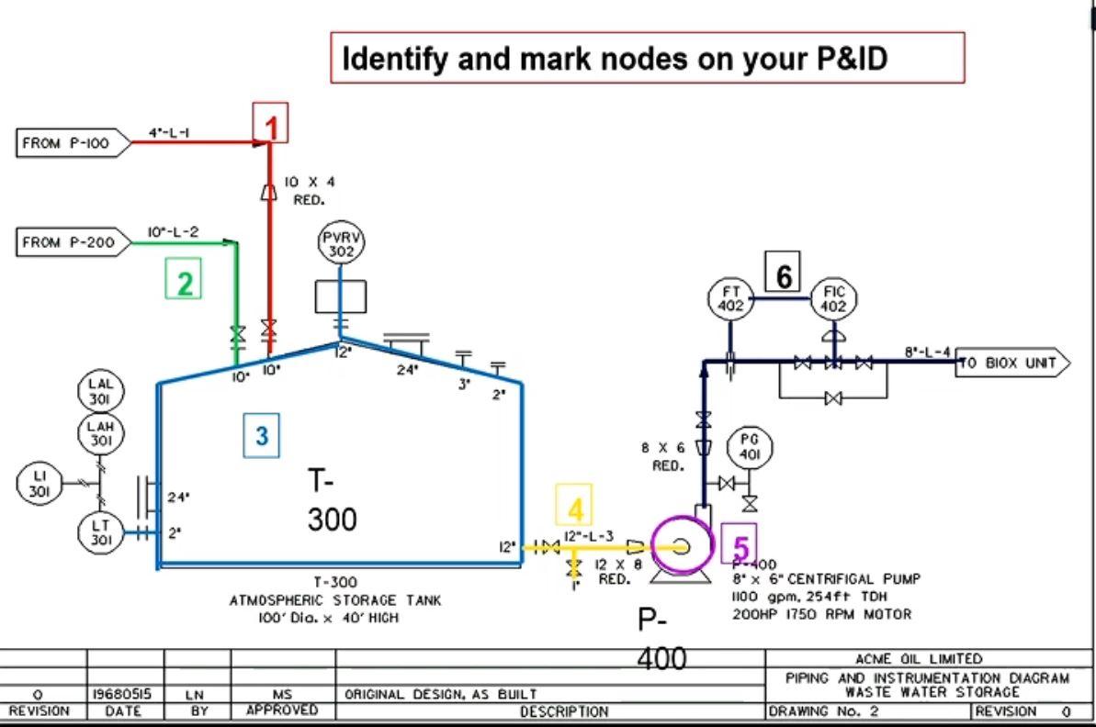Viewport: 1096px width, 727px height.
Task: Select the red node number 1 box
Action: pyautogui.click(x=271, y=123)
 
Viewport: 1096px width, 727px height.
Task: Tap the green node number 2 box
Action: pyautogui.click(x=184, y=279)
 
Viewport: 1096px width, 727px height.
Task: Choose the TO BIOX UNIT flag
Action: pyautogui.click(x=1011, y=363)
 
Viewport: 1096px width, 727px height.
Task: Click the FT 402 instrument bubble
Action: pyautogui.click(x=730, y=299)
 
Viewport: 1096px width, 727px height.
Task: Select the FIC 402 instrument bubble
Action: pyautogui.click(x=833, y=299)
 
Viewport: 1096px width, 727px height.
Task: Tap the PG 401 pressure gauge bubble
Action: pyautogui.click(x=750, y=448)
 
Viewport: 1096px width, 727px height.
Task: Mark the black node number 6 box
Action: pyautogui.click(x=783, y=272)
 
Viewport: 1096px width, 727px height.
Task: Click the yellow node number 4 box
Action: pyautogui.click(x=574, y=506)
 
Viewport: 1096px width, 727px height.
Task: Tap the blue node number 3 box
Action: pyautogui.click(x=262, y=436)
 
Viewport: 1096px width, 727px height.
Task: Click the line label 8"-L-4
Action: pyautogui.click(x=926, y=351)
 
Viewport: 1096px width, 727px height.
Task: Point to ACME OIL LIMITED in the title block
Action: pyautogui.click(x=919, y=658)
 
